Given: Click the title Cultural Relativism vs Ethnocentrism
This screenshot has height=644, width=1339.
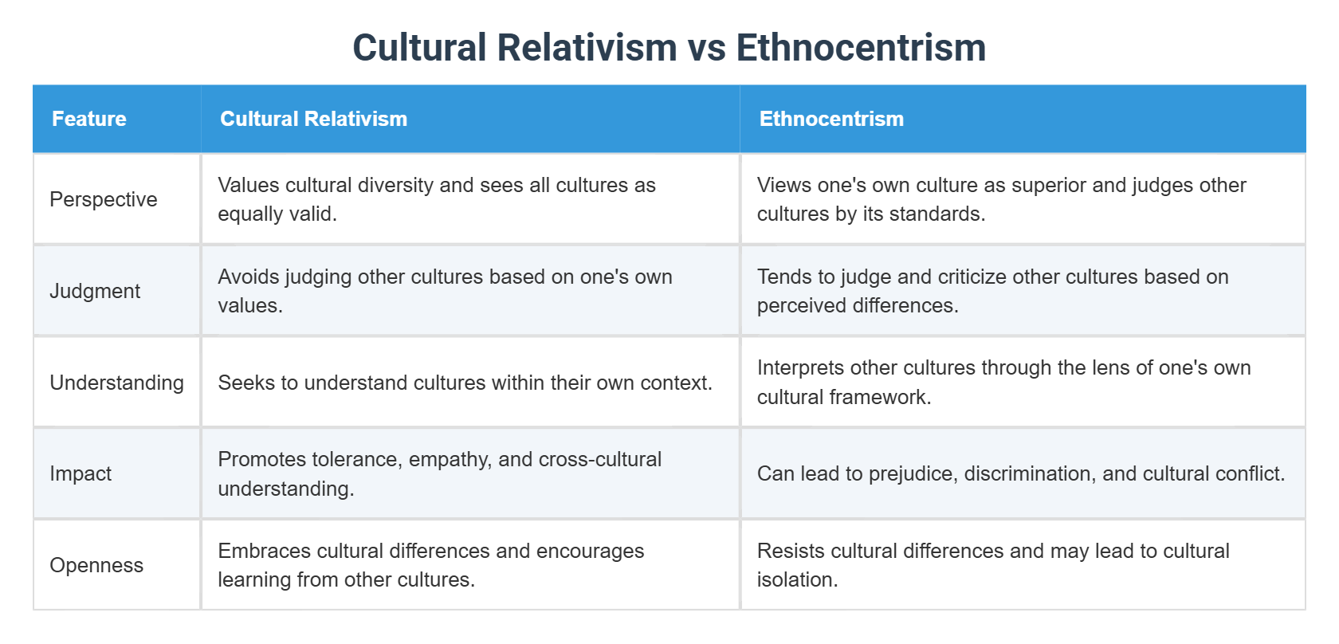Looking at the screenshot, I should (669, 48).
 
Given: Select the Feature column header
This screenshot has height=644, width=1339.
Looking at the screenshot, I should (89, 119).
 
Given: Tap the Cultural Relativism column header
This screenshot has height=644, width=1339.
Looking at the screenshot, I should (313, 119).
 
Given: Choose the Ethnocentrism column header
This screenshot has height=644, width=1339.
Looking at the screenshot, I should (831, 119).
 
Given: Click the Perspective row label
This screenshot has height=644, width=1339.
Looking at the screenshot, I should (104, 199).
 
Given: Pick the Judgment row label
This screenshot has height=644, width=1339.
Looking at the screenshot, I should (95, 291).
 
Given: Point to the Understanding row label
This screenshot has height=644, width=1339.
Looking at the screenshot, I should (116, 383).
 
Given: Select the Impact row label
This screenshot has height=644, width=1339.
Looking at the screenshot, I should (80, 473).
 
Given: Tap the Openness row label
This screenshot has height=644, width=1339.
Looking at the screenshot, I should (96, 565).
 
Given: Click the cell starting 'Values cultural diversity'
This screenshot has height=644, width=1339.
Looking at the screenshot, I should (437, 199).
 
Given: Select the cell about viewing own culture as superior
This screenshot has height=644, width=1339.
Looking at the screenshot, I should (1001, 199).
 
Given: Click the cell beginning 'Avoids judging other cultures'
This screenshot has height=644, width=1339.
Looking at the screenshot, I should (445, 291).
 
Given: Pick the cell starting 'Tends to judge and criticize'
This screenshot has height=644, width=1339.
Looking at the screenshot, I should (992, 291).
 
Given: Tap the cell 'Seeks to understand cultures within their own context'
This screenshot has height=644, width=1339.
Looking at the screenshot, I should (465, 383).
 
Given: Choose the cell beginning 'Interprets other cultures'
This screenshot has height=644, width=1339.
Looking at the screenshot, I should (1003, 383).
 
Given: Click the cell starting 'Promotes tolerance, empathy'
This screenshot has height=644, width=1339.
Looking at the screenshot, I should (439, 473).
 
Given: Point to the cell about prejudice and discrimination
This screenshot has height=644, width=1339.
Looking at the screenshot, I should (1020, 473).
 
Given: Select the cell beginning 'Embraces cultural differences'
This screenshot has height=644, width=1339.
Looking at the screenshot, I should (430, 565).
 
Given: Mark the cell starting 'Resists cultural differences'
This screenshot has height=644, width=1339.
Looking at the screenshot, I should (993, 565).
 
